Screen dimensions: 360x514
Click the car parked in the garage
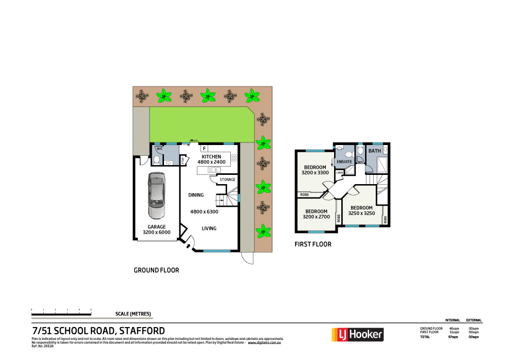(157, 195)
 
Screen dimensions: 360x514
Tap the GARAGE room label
(157, 227)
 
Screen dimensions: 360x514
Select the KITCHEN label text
(211, 156)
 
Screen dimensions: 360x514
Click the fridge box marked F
(205, 149)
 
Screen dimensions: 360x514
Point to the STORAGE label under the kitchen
(228, 179)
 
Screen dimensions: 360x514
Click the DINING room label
(196, 195)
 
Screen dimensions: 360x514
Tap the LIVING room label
(209, 228)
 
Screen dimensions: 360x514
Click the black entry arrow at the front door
(187, 247)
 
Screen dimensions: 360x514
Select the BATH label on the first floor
(374, 151)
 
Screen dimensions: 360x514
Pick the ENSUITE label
(344, 161)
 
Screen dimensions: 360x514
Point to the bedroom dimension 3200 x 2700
(316, 217)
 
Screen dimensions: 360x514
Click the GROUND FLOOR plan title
(156, 270)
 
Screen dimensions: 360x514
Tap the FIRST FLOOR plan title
(313, 244)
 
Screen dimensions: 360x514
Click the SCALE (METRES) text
(134, 314)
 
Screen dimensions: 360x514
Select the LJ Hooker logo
(357, 335)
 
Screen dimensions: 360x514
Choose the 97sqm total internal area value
(453, 337)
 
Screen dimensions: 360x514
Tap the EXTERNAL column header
(473, 320)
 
